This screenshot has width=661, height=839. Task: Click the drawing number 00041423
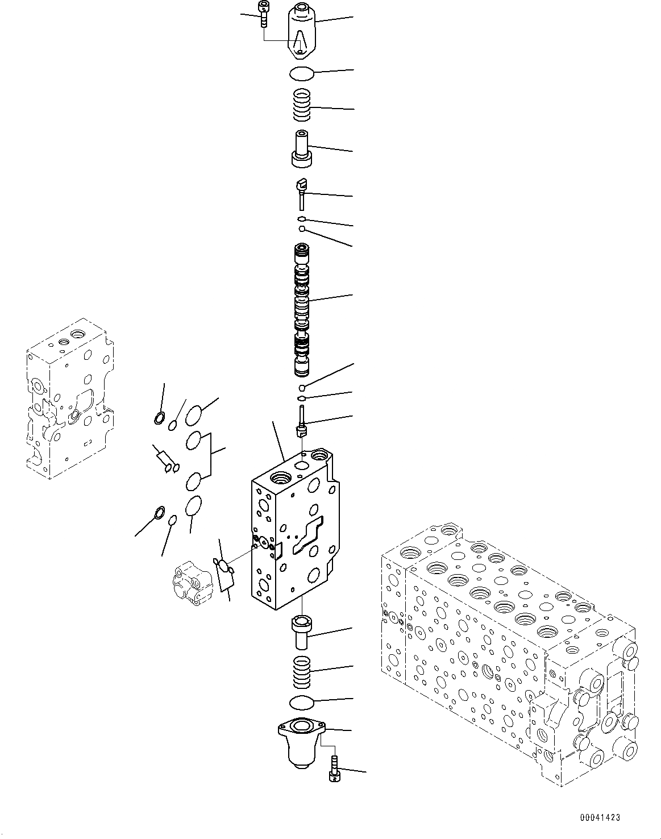(600, 817)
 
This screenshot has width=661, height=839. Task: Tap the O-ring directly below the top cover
(301, 73)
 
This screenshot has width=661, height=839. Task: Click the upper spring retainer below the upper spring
(301, 149)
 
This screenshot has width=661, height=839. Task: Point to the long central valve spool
(301, 310)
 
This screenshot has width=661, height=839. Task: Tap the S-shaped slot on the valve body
(307, 535)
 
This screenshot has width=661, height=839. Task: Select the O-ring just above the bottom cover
(301, 703)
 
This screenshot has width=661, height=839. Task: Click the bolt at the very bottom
(334, 770)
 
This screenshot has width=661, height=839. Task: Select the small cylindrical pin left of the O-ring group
(164, 458)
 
